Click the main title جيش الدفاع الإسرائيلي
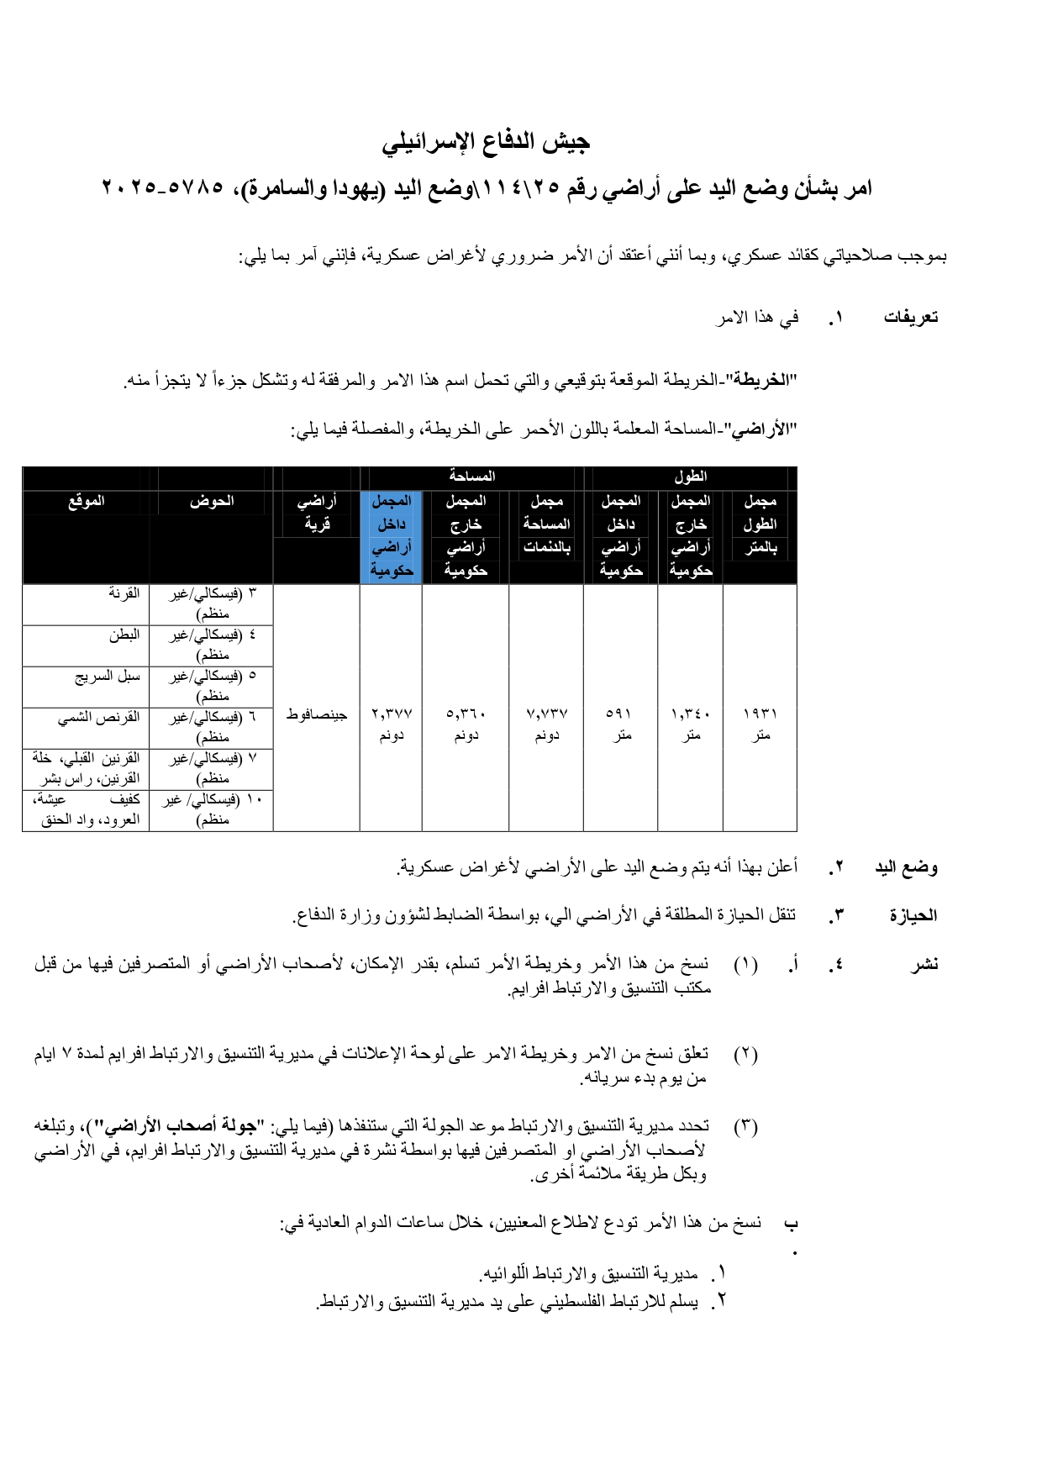pos(486,142)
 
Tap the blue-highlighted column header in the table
pos(391,535)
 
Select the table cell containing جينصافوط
pos(316,714)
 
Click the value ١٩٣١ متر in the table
pos(760,724)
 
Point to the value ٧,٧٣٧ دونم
pos(546,724)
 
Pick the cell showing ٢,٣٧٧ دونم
pos(391,724)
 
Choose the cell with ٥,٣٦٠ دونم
pos(466,724)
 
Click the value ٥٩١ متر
pos(620,724)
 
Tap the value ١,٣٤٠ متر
pos(690,724)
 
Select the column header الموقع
pos(87,501)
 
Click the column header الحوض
pos(211,501)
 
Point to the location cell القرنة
pos(124,593)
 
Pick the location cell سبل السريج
pos(108,676)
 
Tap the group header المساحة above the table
pos(472,477)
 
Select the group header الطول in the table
pos(690,477)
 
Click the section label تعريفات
pos(910,318)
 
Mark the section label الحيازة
pos(913,915)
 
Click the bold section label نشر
pos(924,964)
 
